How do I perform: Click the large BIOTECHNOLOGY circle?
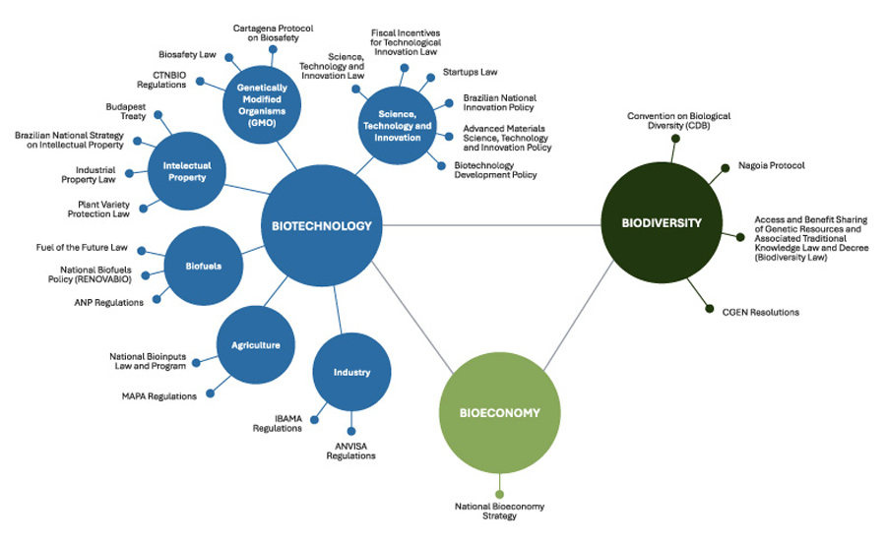322,226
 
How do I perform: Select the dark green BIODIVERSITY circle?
662,223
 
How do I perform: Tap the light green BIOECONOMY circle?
499,413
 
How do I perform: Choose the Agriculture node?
254,345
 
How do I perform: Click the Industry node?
351,373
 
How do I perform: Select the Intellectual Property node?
185,171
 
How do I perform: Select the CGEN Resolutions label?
760,313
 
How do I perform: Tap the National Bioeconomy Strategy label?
499,512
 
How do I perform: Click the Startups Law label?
470,73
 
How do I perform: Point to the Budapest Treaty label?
125,111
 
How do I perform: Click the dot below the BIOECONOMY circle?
499,494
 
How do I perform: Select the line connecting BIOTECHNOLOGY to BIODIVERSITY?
492,225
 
